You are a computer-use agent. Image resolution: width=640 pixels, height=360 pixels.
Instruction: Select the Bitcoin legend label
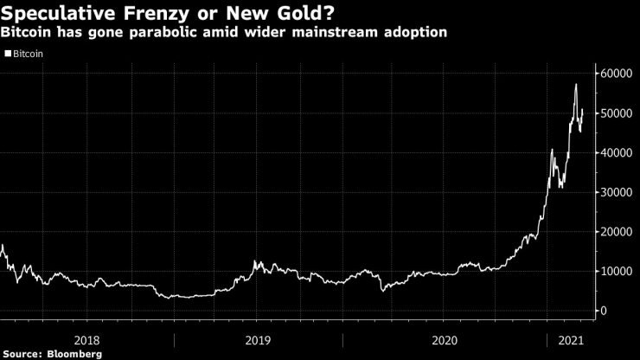[29, 53]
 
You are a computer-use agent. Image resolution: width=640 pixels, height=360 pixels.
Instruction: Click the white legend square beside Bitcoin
[8, 53]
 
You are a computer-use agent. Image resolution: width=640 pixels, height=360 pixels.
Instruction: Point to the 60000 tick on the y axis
[619, 74]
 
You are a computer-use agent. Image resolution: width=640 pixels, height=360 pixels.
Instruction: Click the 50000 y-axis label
[619, 113]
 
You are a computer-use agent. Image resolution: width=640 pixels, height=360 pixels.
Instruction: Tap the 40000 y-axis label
[619, 153]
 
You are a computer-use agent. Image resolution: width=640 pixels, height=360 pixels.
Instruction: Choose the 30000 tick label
[619, 192]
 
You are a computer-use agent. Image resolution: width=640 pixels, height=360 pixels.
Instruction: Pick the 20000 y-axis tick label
[619, 232]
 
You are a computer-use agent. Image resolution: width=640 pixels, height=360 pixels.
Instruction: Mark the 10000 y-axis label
[619, 272]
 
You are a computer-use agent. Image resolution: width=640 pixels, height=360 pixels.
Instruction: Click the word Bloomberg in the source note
[75, 353]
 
